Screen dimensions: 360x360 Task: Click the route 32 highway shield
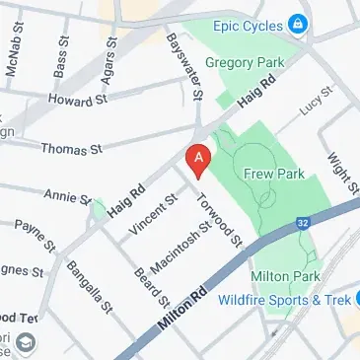coord(302,226)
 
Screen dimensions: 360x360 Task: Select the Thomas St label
coord(70,149)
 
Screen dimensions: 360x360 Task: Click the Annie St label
coord(68,195)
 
